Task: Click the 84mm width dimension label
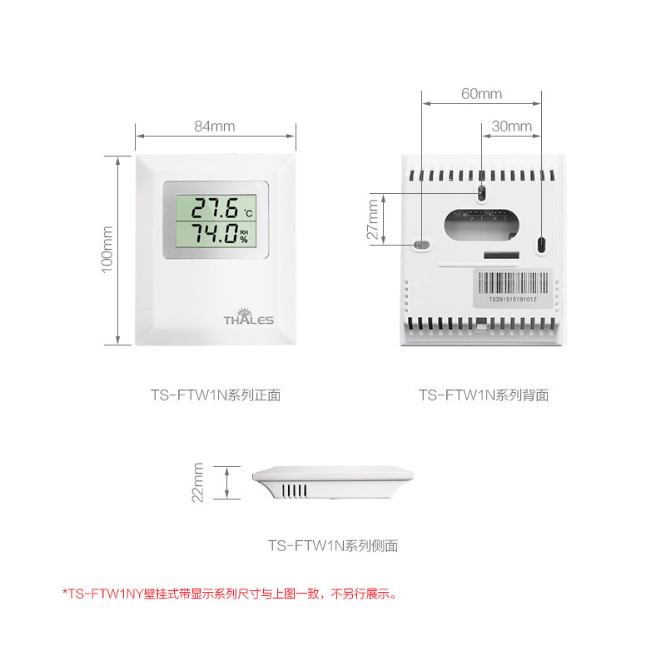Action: coord(215,127)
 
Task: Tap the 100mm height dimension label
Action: coord(107,250)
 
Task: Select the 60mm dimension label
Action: coord(482,94)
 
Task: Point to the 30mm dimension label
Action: coord(512,127)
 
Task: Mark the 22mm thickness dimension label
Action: coord(197,483)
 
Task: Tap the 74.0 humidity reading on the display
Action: coord(209,234)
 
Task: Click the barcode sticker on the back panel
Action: coord(513,288)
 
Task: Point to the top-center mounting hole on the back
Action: coord(481,193)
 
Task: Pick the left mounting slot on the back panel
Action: coord(422,246)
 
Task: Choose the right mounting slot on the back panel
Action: coord(541,245)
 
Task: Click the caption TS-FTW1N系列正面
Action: coord(215,395)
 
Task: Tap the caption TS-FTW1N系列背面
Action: coord(483,395)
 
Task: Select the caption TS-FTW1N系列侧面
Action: coord(333,546)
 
